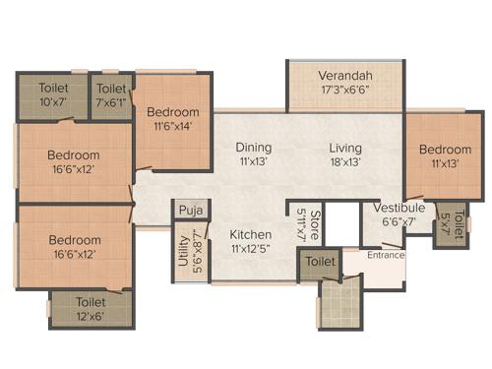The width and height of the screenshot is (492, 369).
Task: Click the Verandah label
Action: (343, 76)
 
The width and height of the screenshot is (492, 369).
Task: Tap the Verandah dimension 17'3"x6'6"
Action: (343, 90)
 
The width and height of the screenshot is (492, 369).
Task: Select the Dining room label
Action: (253, 149)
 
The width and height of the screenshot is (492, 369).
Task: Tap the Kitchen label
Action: (250, 236)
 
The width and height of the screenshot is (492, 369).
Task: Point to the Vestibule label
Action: (400, 208)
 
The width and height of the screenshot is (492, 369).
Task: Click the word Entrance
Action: (387, 255)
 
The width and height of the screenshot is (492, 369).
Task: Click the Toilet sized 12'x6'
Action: (91, 309)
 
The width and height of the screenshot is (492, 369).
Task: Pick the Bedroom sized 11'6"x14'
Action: (173, 118)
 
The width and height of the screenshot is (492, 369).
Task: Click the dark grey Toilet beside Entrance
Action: (318, 263)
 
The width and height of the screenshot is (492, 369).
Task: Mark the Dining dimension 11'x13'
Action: (253, 162)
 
